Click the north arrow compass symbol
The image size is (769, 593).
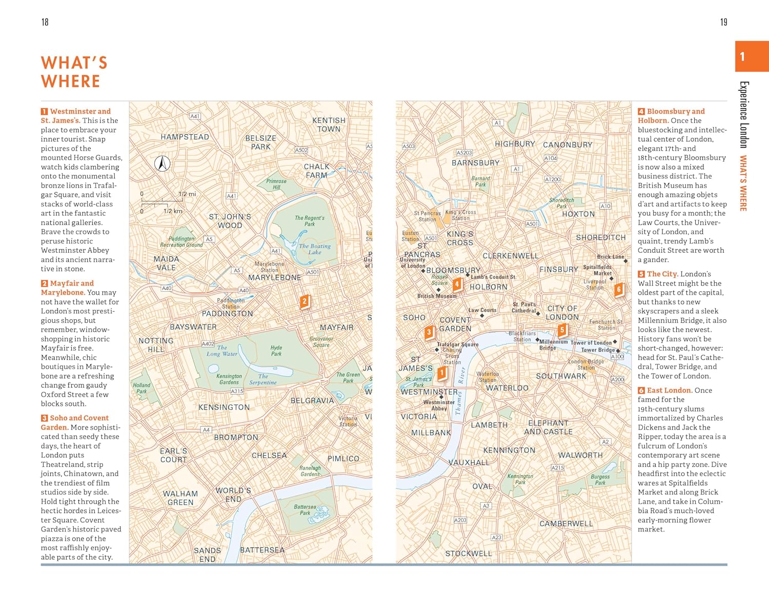coord(163,163)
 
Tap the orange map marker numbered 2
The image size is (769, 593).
coord(305,301)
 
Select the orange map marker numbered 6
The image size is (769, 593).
coord(619,290)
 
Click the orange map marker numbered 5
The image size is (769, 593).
coord(562,330)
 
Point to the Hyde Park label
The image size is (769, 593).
coord(276,351)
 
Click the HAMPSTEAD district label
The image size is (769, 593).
coord(185,137)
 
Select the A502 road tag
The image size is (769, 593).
coord(301,150)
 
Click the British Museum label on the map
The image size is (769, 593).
coord(437,296)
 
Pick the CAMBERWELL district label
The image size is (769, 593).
coord(566,524)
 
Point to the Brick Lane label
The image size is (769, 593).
coord(610,257)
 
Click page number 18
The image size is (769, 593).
coord(45,22)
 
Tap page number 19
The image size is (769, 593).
coord(723,22)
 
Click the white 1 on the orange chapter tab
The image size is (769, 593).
coord(742,56)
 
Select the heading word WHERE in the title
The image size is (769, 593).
coord(71,81)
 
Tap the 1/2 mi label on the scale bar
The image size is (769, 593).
coord(187,194)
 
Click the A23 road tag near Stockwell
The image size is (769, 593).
coord(496,537)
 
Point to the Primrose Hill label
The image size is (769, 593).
coord(276,184)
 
